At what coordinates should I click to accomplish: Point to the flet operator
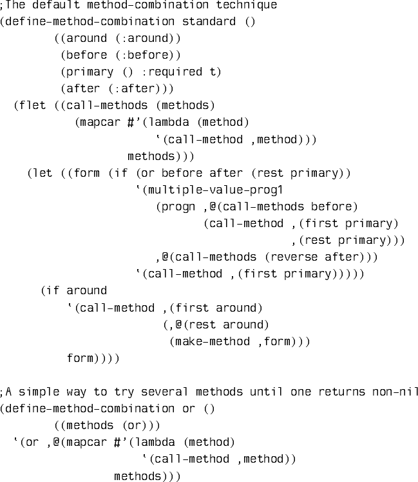(x=32, y=106)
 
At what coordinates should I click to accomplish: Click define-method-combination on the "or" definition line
(x=88, y=408)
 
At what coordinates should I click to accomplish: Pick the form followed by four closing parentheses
(x=80, y=358)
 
